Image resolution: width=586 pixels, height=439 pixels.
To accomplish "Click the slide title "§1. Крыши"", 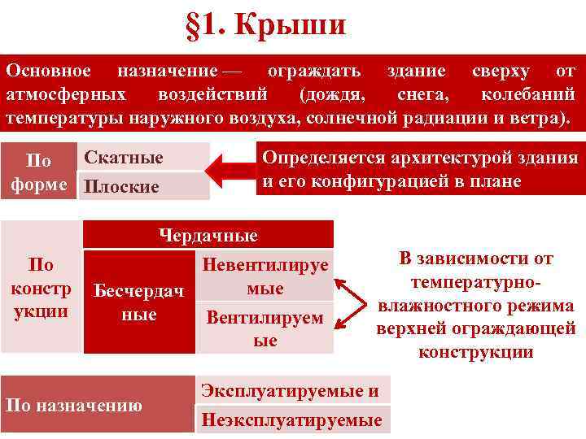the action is coord(265,24).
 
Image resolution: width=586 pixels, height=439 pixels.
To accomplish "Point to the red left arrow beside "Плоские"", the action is coord(229,172).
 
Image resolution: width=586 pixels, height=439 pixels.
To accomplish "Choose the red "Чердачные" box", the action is coord(208,236).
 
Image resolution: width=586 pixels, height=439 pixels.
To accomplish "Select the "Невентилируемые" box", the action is coord(265,276).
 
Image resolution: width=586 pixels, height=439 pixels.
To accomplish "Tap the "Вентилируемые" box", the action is coord(265,328).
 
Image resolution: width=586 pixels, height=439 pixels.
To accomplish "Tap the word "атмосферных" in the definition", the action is coord(65,94).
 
